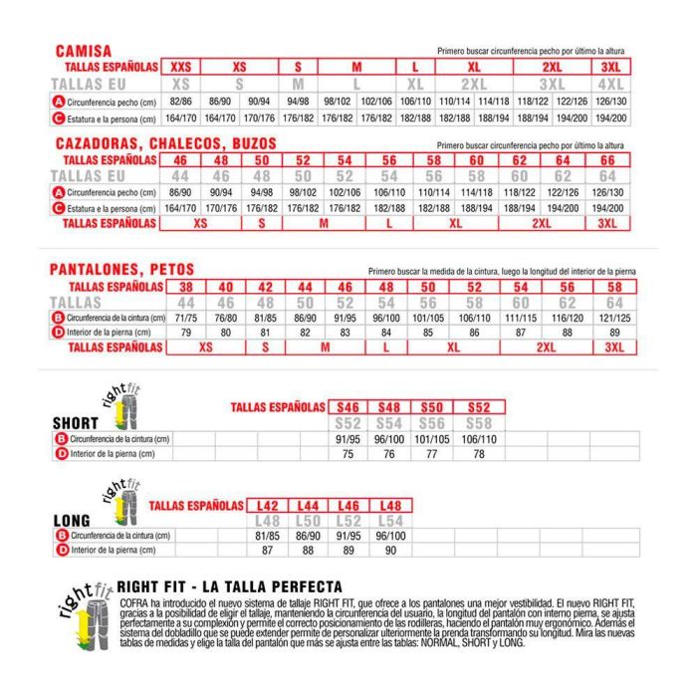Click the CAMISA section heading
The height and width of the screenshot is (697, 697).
coord(83,50)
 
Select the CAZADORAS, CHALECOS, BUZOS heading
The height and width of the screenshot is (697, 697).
coord(164,143)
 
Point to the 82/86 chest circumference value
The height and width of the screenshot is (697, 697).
coord(180,102)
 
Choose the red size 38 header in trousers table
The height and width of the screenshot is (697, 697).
coord(185,286)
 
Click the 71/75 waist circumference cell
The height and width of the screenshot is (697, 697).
coord(185,317)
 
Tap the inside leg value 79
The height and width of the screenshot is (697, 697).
coord(185,333)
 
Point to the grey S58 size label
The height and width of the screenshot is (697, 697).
coord(479,423)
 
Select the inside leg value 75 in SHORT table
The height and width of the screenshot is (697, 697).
coord(348,454)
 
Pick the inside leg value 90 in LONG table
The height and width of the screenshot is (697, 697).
coord(391,550)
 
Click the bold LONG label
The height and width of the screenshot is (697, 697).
coord(71,520)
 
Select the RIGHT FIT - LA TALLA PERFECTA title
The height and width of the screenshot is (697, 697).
coord(230,586)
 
